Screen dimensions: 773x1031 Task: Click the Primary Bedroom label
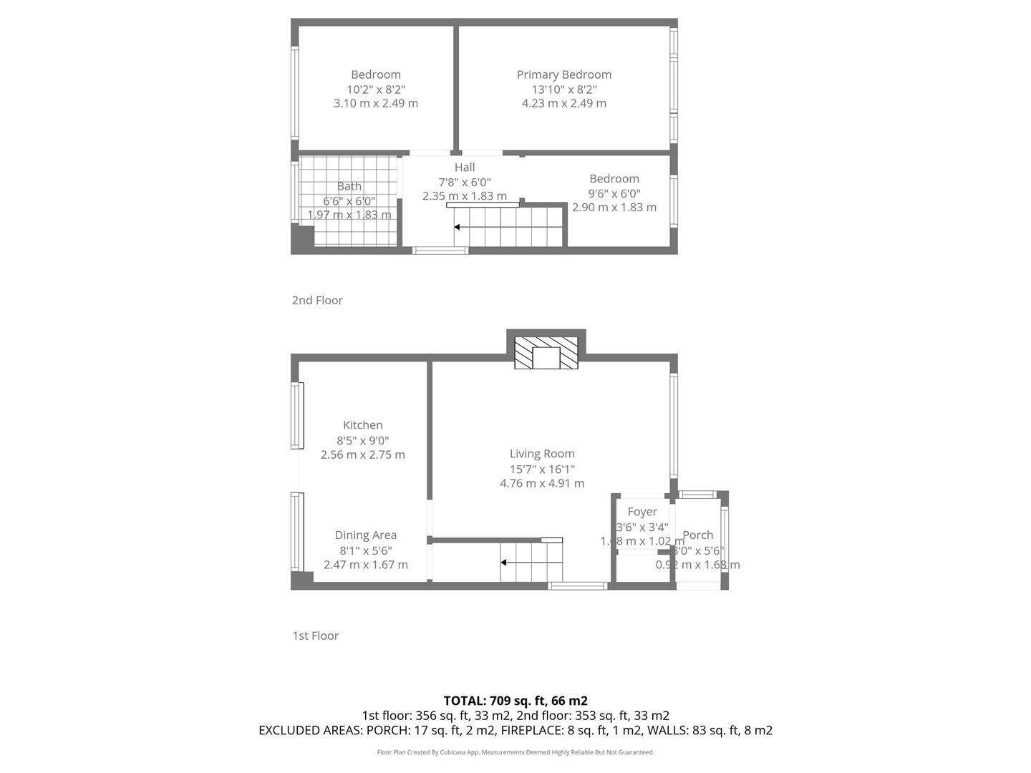[x=563, y=74]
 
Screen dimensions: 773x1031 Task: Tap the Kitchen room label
[x=362, y=425]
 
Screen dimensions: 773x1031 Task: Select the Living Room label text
[x=542, y=454]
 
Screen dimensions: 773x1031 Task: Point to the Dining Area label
[x=365, y=535]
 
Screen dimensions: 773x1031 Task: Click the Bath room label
[x=349, y=187]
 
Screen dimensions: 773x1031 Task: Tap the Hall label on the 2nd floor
[x=465, y=167]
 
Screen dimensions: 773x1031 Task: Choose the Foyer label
[x=642, y=512]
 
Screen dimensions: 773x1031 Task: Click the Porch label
[x=697, y=535]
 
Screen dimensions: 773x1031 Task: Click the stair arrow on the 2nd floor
[x=459, y=227]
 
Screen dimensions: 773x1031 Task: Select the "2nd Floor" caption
[x=317, y=301]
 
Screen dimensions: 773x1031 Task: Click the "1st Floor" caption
[x=315, y=636]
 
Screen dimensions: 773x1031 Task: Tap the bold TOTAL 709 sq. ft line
[x=515, y=701]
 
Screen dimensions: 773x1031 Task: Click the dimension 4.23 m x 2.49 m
[x=563, y=103]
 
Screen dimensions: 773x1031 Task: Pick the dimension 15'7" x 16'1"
[x=542, y=470]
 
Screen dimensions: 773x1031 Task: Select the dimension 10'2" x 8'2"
[x=376, y=89]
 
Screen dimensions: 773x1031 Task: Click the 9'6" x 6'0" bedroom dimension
[x=614, y=193]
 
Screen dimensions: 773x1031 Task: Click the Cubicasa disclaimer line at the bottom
[x=515, y=752]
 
